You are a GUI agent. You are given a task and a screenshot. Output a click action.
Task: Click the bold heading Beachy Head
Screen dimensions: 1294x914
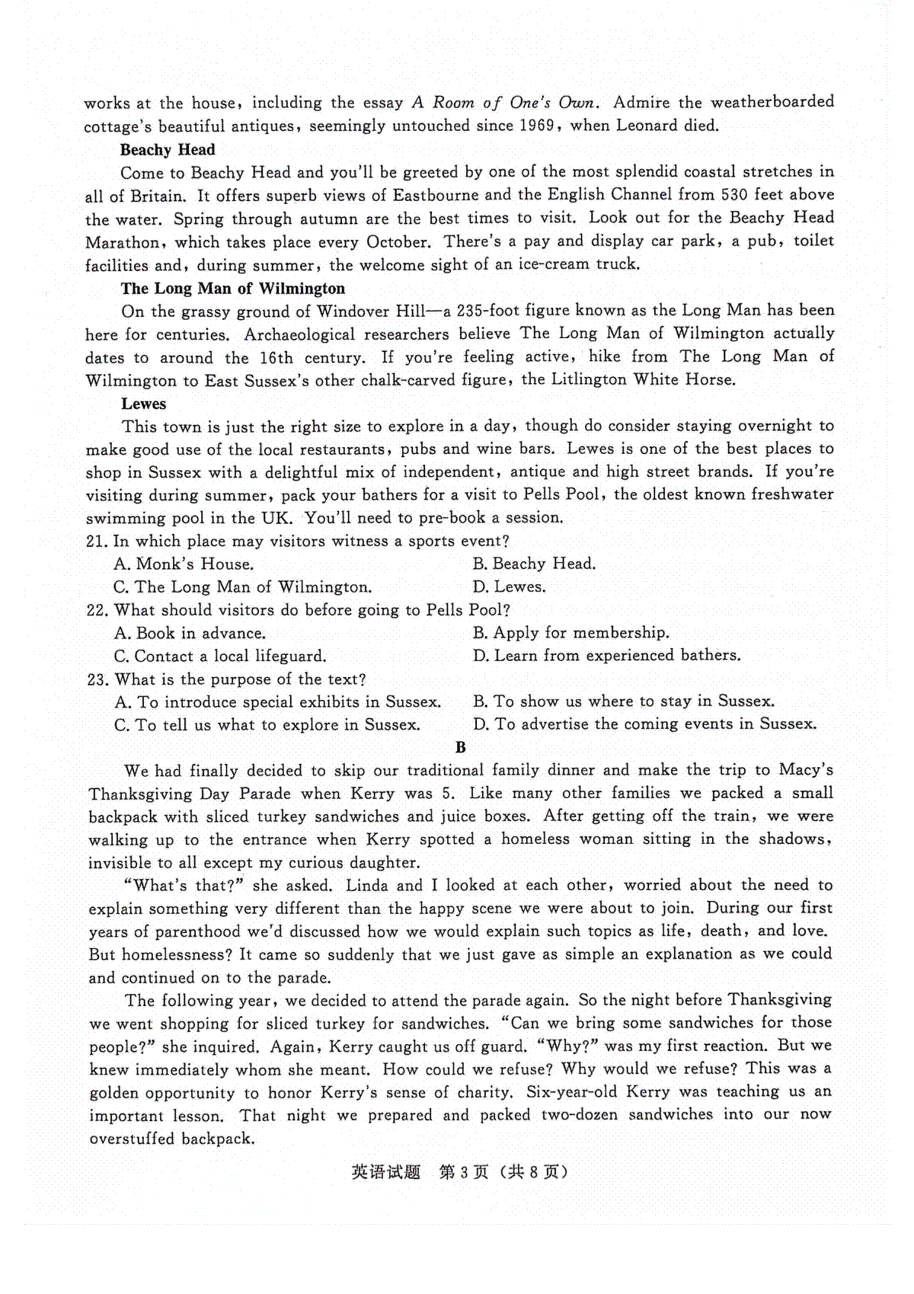click(x=168, y=150)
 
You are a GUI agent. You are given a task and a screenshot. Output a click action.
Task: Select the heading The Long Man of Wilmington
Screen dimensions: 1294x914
click(x=232, y=289)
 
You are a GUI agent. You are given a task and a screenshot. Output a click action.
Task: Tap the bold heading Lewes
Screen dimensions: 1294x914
click(x=143, y=404)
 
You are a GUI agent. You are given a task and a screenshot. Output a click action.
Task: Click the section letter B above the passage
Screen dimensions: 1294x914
click(x=460, y=747)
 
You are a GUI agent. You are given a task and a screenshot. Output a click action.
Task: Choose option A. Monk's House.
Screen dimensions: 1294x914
click(x=184, y=564)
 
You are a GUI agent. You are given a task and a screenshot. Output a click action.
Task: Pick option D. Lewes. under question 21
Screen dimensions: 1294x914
click(x=509, y=587)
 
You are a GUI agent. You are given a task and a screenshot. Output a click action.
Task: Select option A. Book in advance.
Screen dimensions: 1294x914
click(x=190, y=634)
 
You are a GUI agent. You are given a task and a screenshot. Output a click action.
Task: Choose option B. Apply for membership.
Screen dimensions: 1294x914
click(x=570, y=633)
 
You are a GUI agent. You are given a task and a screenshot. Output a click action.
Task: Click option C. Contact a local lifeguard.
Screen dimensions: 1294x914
click(x=220, y=657)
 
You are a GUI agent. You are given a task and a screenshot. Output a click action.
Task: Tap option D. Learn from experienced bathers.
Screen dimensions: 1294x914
click(x=606, y=656)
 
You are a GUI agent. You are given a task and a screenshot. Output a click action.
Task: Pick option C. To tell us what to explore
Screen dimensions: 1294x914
click(x=267, y=725)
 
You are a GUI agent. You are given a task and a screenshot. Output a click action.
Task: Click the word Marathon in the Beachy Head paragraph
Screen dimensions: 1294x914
click(x=123, y=243)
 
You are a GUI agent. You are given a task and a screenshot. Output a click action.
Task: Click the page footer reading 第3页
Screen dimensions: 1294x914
click(x=464, y=1172)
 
